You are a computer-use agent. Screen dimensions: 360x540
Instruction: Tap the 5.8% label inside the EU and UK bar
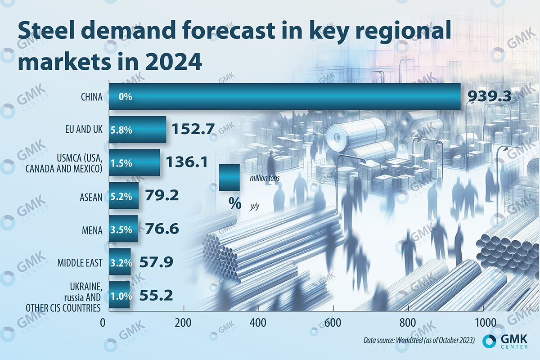(x=121, y=130)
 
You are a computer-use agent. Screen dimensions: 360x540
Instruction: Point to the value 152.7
(x=192, y=130)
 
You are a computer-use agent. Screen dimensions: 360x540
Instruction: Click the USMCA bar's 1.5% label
(x=121, y=163)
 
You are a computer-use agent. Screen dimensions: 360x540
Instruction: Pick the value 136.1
(x=187, y=162)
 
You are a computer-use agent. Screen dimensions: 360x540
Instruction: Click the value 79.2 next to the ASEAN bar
(x=162, y=196)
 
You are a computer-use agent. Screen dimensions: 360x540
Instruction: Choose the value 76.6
(x=162, y=229)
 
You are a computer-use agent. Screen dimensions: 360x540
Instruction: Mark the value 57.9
(x=156, y=262)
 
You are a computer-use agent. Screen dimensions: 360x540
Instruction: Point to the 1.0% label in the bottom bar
(x=121, y=296)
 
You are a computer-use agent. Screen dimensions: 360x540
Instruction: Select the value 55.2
(x=156, y=296)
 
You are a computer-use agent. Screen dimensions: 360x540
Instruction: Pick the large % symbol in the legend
(x=234, y=204)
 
